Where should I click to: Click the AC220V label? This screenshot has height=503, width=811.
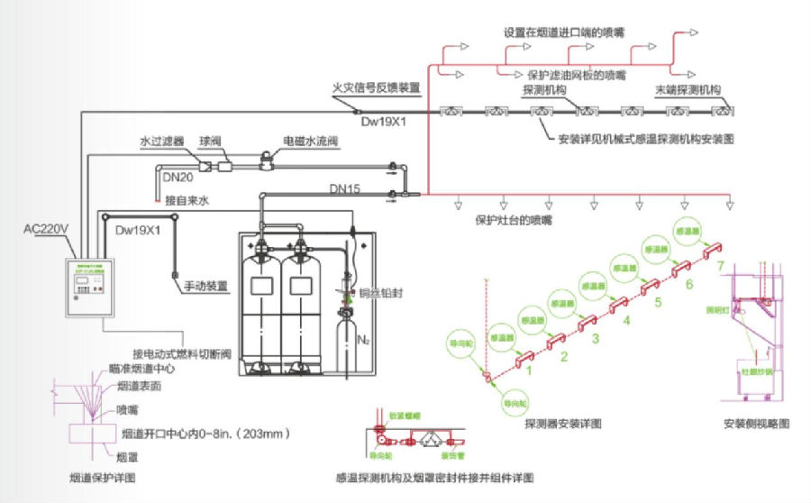pyautogui.click(x=47, y=229)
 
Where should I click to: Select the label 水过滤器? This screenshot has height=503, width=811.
pyautogui.click(x=161, y=142)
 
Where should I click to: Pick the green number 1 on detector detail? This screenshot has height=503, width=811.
pyautogui.click(x=531, y=370)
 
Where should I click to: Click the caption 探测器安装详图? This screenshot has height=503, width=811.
pyautogui.click(x=562, y=423)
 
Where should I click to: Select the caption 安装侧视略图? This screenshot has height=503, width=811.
pyautogui.click(x=757, y=423)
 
